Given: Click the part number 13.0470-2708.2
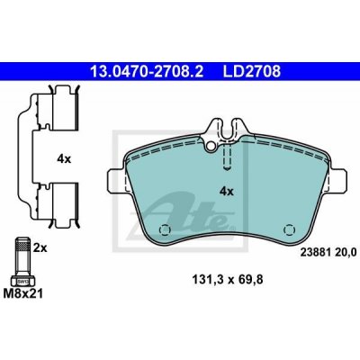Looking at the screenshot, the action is (147, 72).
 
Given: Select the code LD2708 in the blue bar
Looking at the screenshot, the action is (252, 72).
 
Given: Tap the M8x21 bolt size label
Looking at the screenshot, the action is (23, 293).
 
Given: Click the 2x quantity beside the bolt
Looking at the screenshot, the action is (40, 248).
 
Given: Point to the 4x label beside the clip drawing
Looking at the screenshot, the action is (64, 159).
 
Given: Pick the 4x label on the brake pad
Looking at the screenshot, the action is (227, 191).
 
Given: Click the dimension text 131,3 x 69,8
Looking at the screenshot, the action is (228, 280).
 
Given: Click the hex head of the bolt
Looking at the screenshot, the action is (22, 281).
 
